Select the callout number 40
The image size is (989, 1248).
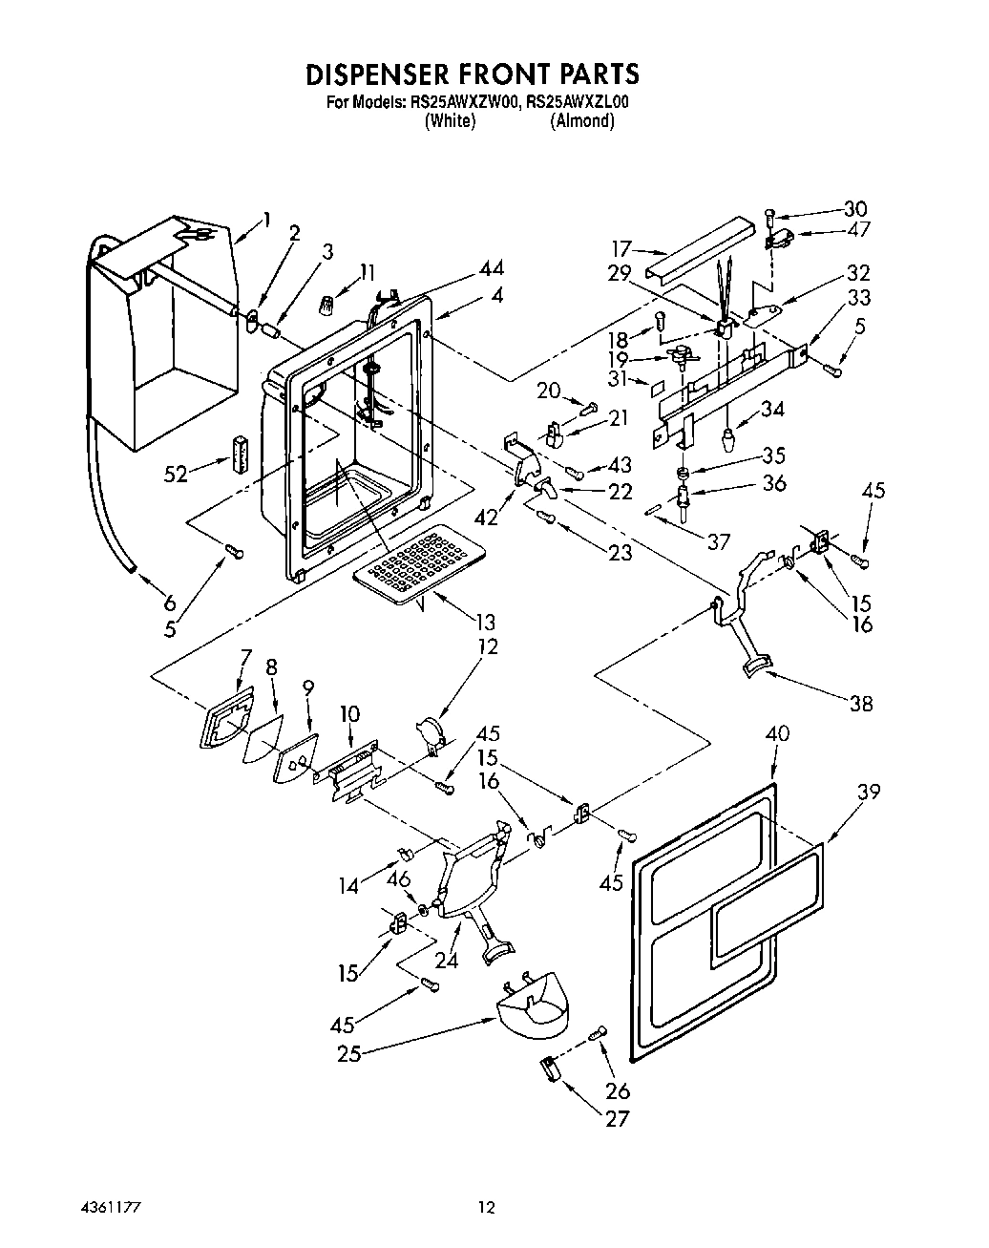[778, 734]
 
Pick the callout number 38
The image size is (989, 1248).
[860, 704]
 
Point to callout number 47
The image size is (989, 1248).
[858, 229]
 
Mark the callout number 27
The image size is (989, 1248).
[618, 1118]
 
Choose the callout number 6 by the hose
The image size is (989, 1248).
[169, 603]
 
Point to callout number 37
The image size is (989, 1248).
[718, 542]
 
